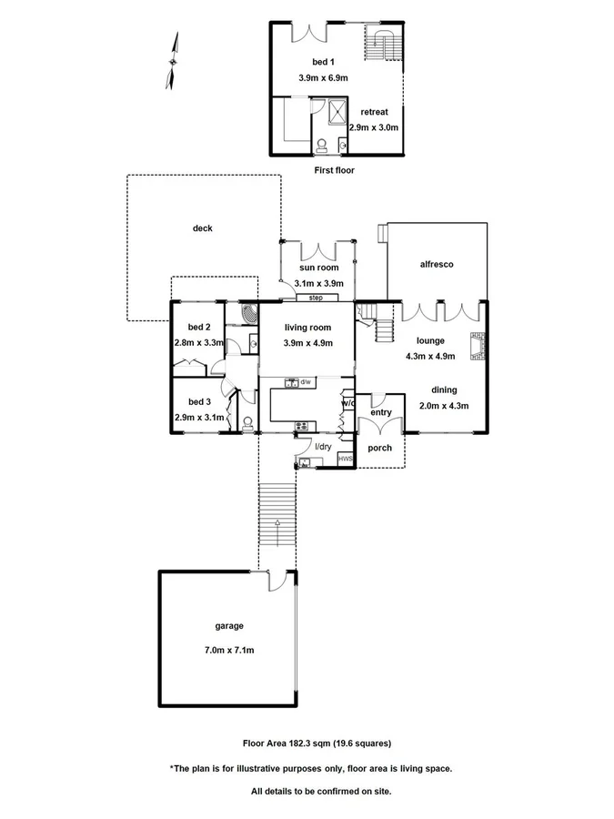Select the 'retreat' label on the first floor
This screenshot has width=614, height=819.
(x=374, y=112)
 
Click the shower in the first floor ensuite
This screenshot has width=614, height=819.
(x=337, y=110)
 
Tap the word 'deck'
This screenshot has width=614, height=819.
(x=202, y=228)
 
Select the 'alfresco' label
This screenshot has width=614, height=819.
(x=437, y=264)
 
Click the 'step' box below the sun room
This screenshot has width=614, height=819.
(x=316, y=298)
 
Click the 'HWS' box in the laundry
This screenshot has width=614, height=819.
(x=344, y=460)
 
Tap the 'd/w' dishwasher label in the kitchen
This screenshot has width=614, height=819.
(x=307, y=382)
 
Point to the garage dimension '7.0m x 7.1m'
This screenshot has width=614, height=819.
(x=229, y=651)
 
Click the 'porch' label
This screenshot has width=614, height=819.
(x=379, y=449)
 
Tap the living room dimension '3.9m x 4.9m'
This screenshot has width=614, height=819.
(x=307, y=343)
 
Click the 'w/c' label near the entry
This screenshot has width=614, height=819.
(x=347, y=402)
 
